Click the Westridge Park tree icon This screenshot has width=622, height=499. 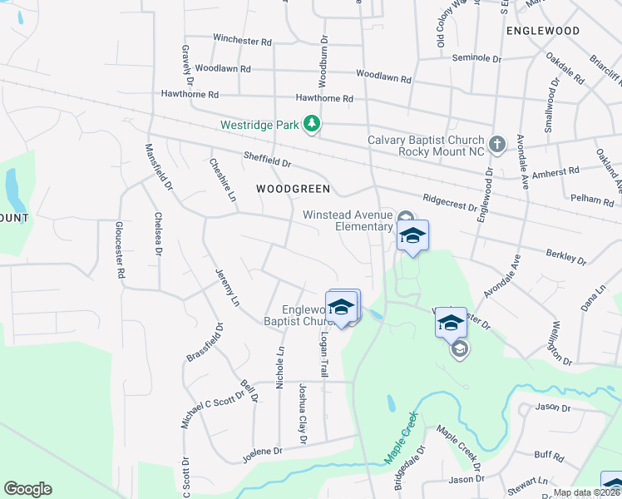pos(312,125)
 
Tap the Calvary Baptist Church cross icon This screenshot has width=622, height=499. pos(496,145)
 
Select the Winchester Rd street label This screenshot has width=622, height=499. pos(242,40)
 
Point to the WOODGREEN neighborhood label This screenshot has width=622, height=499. pos(287,189)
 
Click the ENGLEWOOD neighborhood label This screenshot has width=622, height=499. pos(542,31)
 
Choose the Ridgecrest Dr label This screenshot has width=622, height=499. pos(449,202)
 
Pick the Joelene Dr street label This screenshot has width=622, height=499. pos(262,452)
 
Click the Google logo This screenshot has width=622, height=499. pos(27,489)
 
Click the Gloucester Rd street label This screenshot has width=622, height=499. pos(120,249)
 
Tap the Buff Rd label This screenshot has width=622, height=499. pos(549,456)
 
